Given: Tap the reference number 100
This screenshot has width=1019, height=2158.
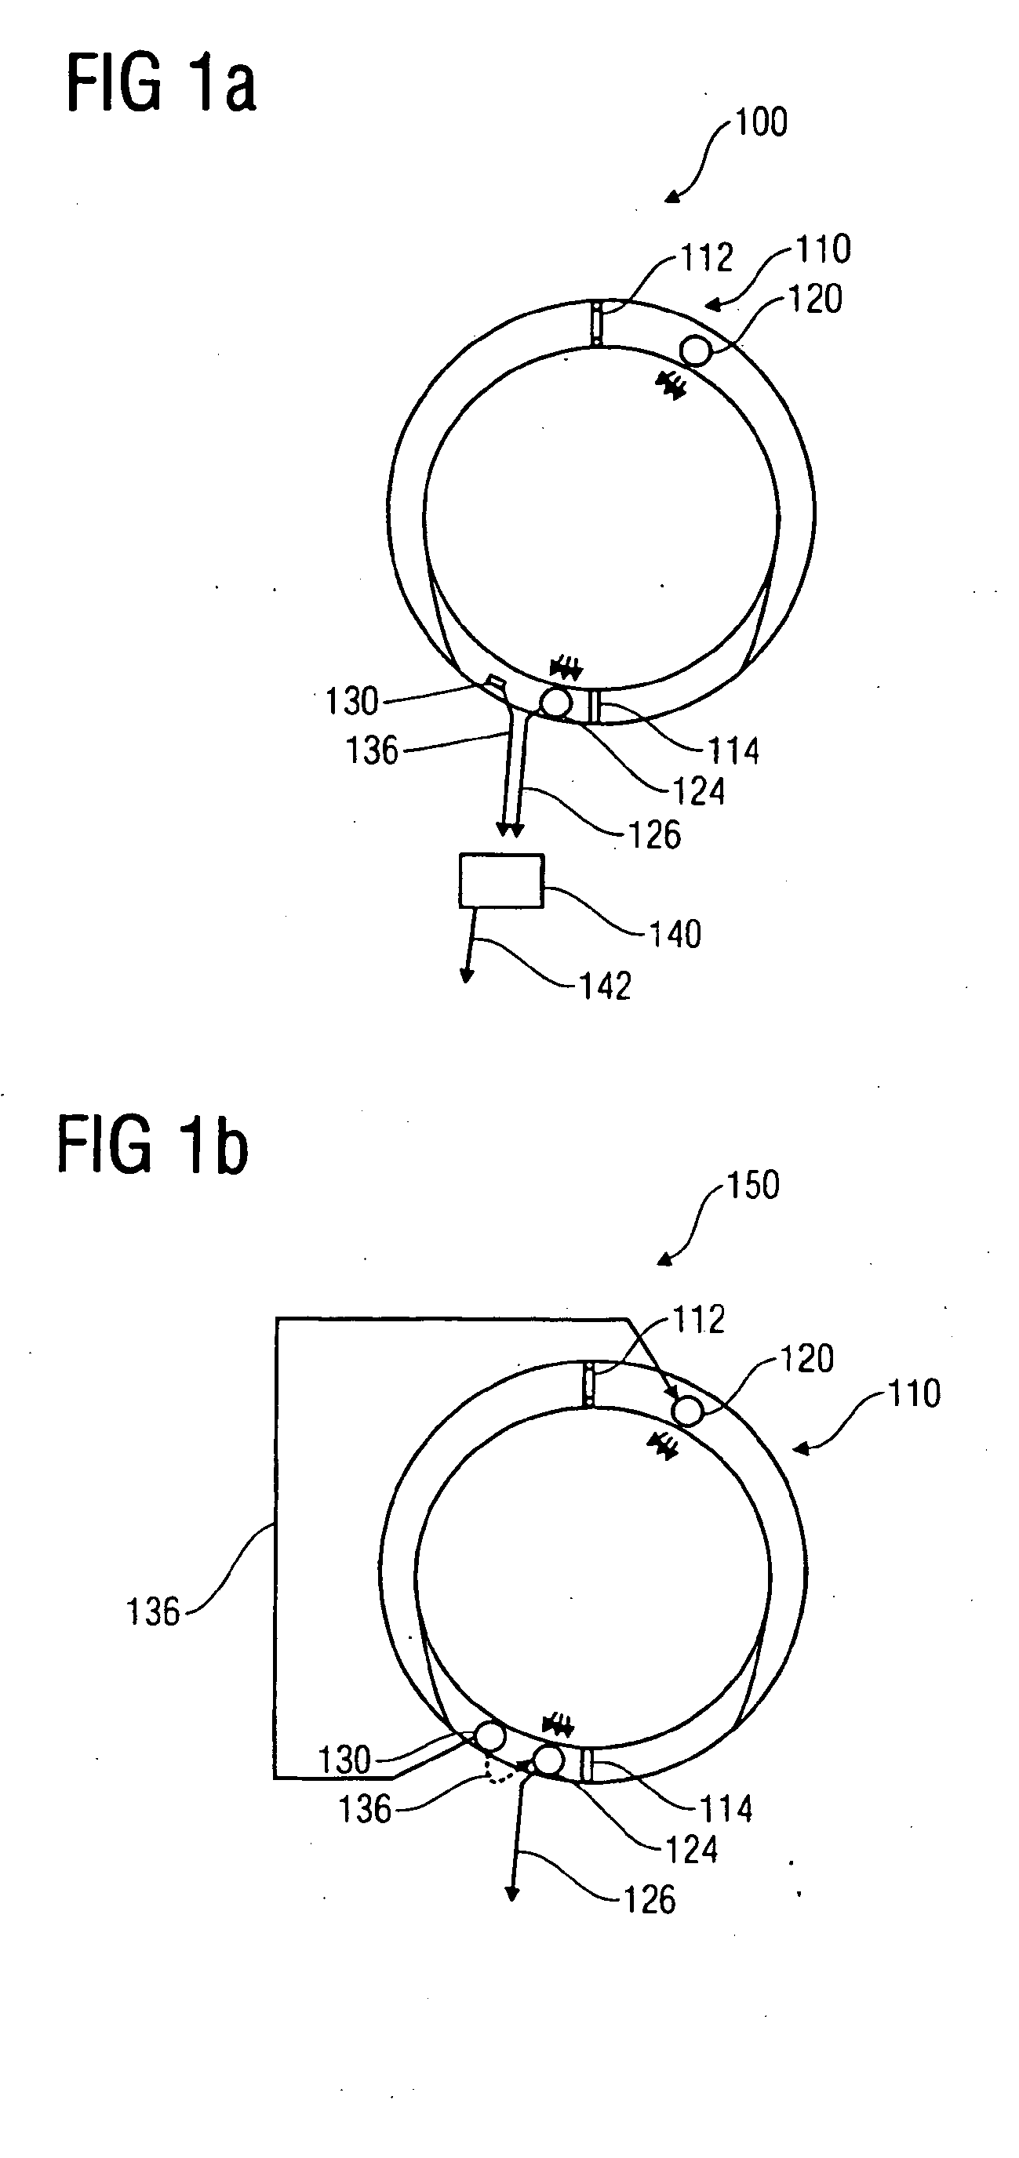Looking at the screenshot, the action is point(762,122).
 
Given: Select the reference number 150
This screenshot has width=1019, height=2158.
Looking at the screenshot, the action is point(753,1186).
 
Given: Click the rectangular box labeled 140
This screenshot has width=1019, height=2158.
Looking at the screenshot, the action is point(501,881).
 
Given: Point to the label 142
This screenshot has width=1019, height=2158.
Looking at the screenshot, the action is point(606,985).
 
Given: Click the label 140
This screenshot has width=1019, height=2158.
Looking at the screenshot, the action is point(675,933).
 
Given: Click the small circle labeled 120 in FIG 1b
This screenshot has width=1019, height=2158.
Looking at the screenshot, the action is point(687,1411).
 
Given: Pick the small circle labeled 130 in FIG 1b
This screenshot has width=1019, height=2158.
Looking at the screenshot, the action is point(490,1737).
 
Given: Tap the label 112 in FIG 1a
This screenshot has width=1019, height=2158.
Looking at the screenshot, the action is point(708,257).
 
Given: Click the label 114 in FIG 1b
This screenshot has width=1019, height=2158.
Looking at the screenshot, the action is point(726,1809).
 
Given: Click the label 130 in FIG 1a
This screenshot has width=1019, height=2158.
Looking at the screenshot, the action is point(352,701).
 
